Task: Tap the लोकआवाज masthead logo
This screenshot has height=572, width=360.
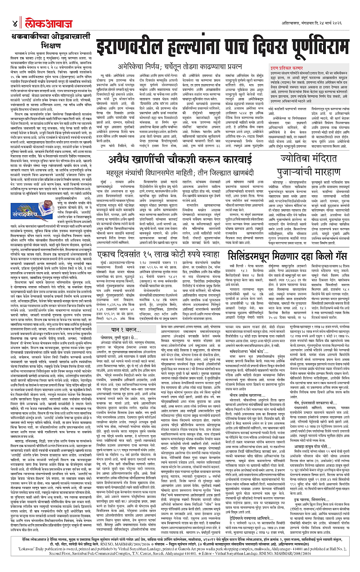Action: click(37, 10)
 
